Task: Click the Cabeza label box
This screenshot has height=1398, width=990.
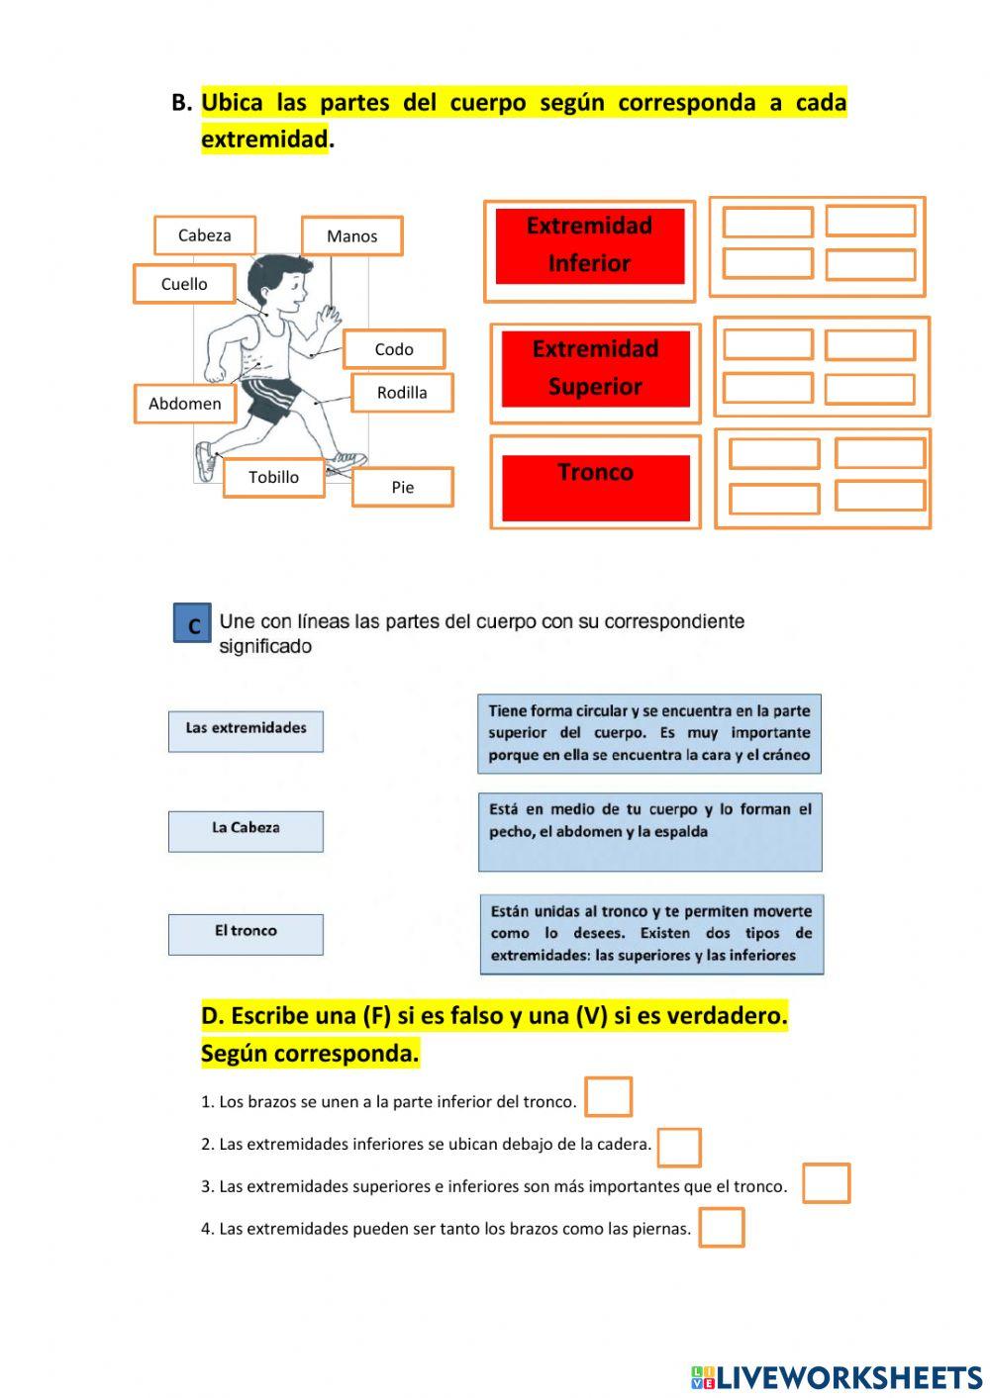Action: [x=205, y=235]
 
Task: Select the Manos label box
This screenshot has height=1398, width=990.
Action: [x=351, y=236]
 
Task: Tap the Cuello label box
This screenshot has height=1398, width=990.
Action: [x=184, y=284]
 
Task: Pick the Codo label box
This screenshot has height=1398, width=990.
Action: [x=394, y=349]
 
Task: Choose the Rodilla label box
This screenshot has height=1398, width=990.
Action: [x=402, y=393]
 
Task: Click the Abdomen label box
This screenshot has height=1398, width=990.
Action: [x=185, y=404]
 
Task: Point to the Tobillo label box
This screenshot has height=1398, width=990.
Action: [x=273, y=477]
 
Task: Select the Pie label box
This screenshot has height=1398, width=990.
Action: [x=402, y=487]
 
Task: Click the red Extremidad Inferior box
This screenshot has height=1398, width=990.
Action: [x=590, y=246]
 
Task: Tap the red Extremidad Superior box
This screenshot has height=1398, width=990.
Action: [x=595, y=369]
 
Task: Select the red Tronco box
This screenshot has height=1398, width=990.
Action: [x=595, y=487]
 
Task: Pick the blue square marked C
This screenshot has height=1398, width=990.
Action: [x=192, y=623]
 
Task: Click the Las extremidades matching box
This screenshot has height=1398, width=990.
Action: [x=246, y=730]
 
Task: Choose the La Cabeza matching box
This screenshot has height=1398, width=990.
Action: [x=246, y=830]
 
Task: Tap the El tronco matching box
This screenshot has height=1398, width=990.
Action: [x=246, y=933]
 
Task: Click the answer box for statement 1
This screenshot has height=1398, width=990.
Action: [x=608, y=1097]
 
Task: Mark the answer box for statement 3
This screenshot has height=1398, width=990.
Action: [x=826, y=1183]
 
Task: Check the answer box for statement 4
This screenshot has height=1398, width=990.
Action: [x=721, y=1228]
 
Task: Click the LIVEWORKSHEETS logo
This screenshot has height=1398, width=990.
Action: [x=837, y=1377]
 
